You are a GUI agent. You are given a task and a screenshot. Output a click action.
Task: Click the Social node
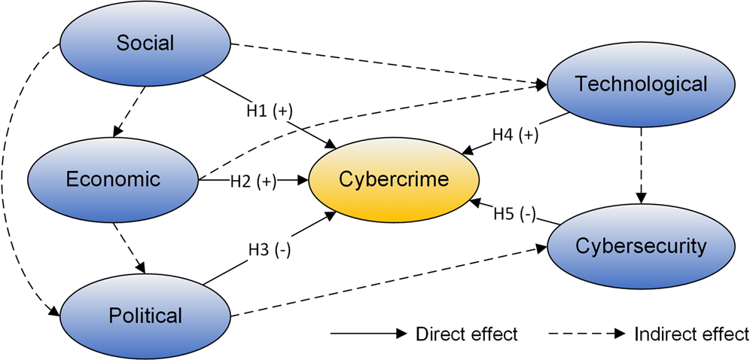pyautogui.click(x=145, y=44)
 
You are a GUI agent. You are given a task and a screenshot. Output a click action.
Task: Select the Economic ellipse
pyautogui.click(x=112, y=179)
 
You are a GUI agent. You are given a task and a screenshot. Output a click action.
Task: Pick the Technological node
pyautogui.click(x=640, y=84)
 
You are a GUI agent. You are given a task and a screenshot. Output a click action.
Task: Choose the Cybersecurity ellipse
pyautogui.click(x=640, y=246)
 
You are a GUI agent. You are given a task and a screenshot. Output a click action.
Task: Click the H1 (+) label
pyautogui.click(x=267, y=110)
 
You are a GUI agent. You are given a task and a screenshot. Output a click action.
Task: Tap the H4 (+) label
pyautogui.click(x=517, y=134)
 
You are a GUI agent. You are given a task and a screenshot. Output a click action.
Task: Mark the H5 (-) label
pyautogui.click(x=514, y=215)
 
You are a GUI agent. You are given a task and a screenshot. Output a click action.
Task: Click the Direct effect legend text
pyautogui.click(x=466, y=334)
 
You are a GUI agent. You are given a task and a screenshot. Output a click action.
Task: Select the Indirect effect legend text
pyautogui.click(x=692, y=334)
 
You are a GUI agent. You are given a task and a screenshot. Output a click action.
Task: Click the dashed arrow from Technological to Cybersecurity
pyautogui.click(x=641, y=161)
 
